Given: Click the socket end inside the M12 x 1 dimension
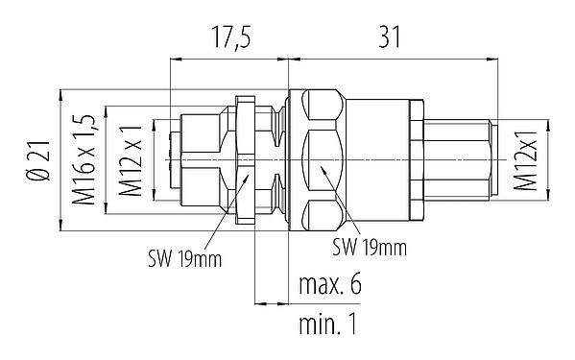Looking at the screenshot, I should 192,158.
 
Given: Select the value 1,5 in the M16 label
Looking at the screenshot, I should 85,124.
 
